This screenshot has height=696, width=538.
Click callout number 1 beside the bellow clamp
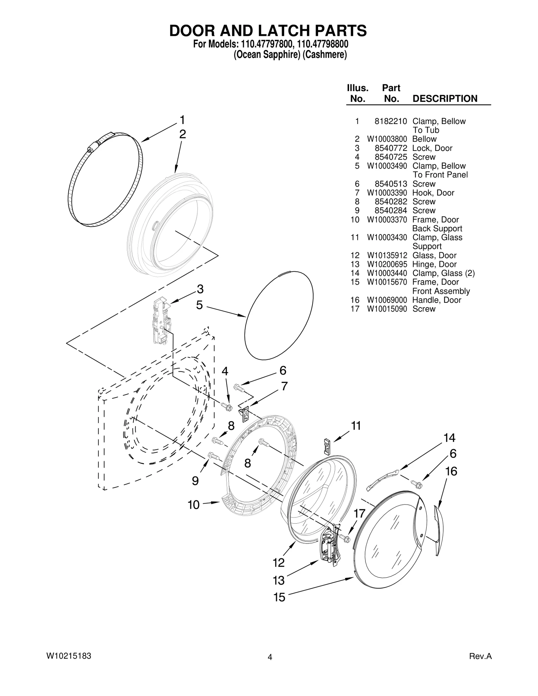[x=182, y=120]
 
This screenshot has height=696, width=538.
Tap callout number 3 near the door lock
[x=200, y=289]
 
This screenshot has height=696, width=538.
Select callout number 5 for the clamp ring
[x=199, y=305]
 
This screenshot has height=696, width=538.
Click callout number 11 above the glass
[x=356, y=425]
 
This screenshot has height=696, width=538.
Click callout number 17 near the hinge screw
[x=359, y=513]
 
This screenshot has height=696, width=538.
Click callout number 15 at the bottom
[x=279, y=597]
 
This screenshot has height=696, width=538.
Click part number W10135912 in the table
[x=387, y=255]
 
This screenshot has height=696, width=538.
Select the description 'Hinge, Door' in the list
[x=434, y=264]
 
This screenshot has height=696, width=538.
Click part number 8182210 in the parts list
[x=391, y=121]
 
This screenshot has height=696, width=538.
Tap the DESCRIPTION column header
[x=445, y=98]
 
